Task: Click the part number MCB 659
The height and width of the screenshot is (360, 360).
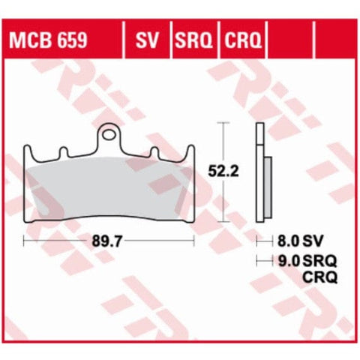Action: (x=48, y=40)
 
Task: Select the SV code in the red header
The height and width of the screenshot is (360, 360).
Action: (x=147, y=40)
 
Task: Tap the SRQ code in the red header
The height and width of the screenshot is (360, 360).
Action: (x=193, y=40)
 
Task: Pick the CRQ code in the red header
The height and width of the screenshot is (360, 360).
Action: (x=242, y=40)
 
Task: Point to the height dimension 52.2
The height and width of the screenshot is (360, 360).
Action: (x=223, y=172)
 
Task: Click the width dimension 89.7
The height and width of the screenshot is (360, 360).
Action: (x=107, y=241)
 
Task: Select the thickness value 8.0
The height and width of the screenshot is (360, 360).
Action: (x=288, y=241)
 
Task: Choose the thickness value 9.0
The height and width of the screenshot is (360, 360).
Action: (x=289, y=261)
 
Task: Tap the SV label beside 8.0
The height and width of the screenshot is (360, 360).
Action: (x=313, y=241)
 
